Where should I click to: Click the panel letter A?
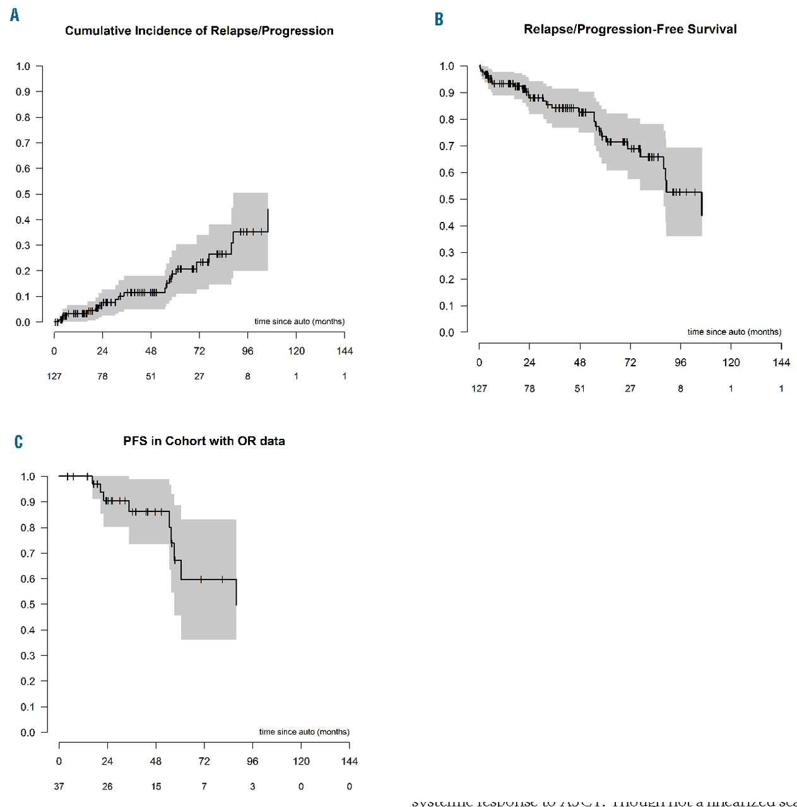(15, 15)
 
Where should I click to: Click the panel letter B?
(439, 20)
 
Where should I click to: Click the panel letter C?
(18, 442)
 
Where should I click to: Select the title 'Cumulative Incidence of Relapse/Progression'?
(199, 31)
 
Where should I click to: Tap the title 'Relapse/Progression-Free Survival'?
(630, 29)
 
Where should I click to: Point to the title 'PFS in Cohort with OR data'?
(204, 441)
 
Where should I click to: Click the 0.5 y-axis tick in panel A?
(23, 194)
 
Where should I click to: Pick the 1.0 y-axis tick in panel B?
(447, 66)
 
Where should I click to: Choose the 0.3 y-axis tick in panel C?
(28, 656)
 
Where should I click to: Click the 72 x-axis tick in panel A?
(199, 351)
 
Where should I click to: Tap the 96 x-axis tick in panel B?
(680, 363)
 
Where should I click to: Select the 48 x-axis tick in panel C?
(156, 762)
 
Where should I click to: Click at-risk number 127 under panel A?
(54, 376)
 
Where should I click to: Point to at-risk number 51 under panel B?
(579, 388)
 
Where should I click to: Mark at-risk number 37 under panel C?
(59, 787)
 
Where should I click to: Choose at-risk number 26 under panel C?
(107, 787)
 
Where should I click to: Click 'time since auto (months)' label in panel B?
(734, 332)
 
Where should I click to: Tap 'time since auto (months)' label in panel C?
(304, 732)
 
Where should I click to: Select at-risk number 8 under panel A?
(247, 376)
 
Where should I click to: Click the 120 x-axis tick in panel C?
(301, 762)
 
